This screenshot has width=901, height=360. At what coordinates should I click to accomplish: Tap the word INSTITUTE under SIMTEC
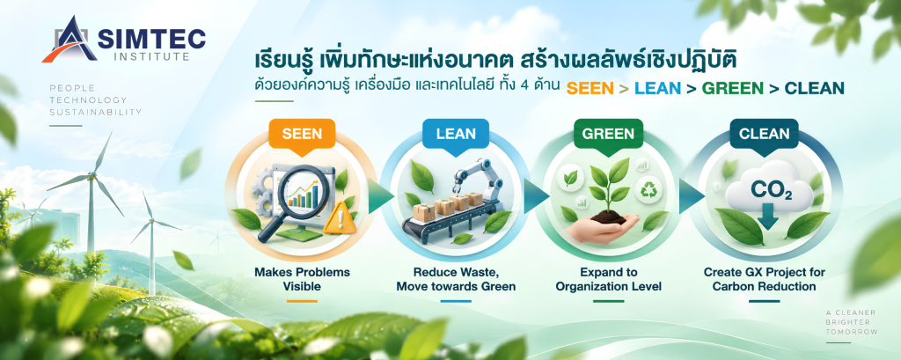(151, 56)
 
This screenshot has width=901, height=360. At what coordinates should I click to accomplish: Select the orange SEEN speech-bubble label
(302, 135)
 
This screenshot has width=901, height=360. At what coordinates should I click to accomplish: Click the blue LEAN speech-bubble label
(456, 135)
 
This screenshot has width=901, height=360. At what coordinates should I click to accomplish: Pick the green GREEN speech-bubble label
(608, 135)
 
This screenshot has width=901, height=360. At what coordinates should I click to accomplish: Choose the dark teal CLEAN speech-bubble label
(765, 135)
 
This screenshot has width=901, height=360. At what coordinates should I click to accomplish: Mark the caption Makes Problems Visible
(302, 279)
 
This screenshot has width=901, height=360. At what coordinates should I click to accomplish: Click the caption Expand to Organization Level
(609, 279)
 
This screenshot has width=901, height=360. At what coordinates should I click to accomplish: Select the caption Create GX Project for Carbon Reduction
(764, 279)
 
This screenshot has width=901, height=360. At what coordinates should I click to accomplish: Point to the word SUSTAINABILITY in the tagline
(95, 112)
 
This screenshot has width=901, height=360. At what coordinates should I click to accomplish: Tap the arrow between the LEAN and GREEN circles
(535, 196)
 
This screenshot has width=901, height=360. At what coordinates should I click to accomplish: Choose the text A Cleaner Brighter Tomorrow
(852, 322)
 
